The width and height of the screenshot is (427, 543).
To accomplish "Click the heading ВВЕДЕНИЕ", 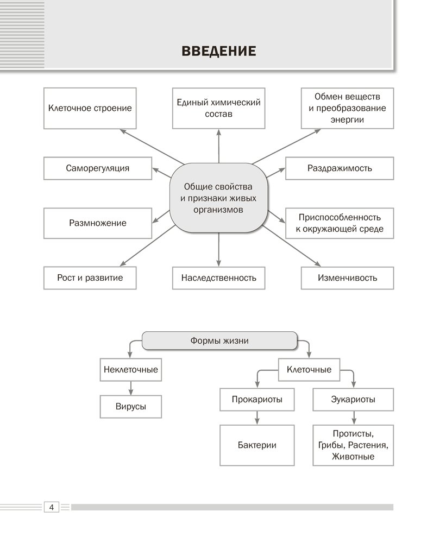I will [x=218, y=52].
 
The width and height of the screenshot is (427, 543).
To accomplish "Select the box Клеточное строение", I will [x=90, y=108].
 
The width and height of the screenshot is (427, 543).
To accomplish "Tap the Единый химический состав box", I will [x=218, y=108].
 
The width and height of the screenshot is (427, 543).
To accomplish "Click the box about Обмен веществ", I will [x=347, y=108].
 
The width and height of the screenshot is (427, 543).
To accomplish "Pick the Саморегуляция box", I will [x=98, y=168].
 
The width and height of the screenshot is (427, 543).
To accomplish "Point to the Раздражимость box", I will [x=340, y=168].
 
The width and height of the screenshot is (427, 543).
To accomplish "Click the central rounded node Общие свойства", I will [x=218, y=198].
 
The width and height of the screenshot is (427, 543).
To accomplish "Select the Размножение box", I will [x=98, y=223].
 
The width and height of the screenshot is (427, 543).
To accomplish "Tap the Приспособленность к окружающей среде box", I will [x=340, y=223].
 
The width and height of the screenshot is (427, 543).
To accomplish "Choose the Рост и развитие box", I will [x=90, y=277].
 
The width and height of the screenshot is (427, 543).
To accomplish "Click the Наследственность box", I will [x=218, y=278].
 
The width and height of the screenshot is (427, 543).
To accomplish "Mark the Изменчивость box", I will [x=347, y=278].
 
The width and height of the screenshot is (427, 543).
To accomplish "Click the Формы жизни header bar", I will [x=219, y=340].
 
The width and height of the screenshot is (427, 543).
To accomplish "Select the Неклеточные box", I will [x=131, y=370].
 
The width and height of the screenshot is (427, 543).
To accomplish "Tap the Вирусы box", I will [x=131, y=406].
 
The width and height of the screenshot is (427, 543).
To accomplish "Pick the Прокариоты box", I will [x=257, y=400].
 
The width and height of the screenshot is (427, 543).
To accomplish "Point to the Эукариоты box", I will [x=353, y=400].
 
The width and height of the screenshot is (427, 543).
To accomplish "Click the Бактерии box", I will [x=257, y=445].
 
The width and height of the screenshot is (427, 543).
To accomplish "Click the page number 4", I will [x=51, y=507].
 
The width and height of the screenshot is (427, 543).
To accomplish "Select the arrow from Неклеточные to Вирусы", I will [x=131, y=388].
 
